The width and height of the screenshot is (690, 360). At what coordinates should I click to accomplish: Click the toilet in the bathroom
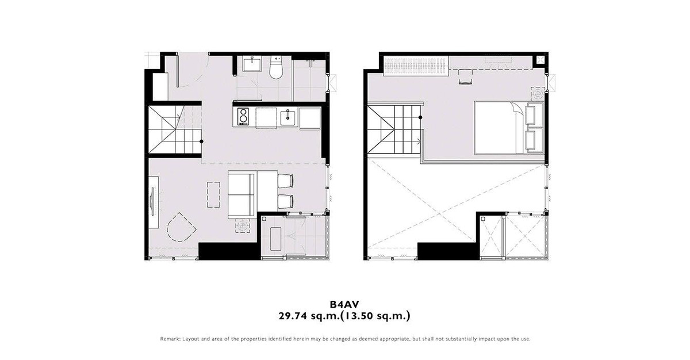coord(275,67)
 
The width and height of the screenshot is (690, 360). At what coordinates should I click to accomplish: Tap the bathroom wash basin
coord(252,64)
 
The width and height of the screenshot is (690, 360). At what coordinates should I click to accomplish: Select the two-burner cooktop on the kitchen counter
coord(243,116)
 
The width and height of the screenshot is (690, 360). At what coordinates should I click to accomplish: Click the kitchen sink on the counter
coord(287,117)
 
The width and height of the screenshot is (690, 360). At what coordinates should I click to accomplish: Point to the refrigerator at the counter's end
coord(310,118)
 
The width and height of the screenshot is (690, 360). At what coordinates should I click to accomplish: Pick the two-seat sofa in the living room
coord(242,194)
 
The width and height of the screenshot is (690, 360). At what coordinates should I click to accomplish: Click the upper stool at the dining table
coord(286,181)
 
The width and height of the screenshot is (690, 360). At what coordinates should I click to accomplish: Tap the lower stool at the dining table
coord(286,201)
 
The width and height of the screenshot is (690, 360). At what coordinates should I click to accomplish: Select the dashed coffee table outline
coord(214,194)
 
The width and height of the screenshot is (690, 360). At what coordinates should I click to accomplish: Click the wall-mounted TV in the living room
coord(152,202)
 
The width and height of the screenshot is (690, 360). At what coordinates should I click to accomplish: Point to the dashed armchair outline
coord(180,227)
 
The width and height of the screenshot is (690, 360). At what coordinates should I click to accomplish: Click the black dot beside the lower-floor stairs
coord(201,141)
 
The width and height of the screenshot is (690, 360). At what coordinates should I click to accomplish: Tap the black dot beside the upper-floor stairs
coord(420,117)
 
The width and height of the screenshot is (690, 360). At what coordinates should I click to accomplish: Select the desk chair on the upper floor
coord(465,76)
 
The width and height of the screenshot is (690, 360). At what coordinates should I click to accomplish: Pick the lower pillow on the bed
coord(535,141)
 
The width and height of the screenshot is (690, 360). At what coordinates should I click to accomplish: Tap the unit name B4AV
coord(344,305)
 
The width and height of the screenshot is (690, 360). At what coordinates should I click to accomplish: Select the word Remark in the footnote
coord(170,339)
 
